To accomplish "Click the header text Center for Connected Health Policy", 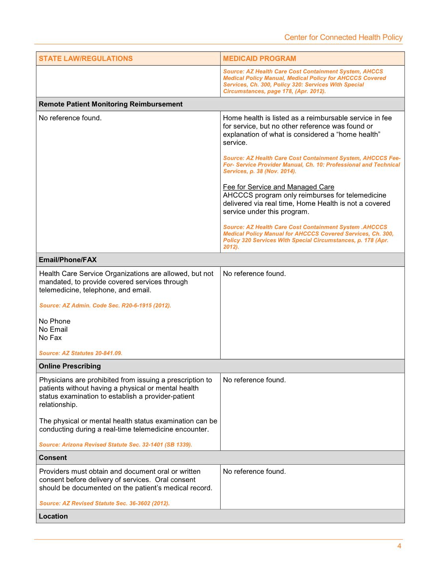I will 343,37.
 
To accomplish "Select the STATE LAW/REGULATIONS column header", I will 86,59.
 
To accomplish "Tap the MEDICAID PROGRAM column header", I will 259,59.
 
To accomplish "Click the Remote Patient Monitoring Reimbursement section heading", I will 111,104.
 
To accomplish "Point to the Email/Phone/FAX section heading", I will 68,260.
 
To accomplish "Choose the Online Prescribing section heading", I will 70,366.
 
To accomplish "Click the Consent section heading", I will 53,458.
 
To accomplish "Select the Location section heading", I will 53,516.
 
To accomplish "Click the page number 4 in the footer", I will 399,546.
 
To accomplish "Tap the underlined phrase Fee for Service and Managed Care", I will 278,187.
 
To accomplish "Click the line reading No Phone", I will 55,321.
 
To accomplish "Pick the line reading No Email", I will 53,329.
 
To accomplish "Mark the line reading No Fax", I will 50,338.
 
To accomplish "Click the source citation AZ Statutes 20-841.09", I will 81,353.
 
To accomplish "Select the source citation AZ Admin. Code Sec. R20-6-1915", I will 105,306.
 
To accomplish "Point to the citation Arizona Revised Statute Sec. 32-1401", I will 115,444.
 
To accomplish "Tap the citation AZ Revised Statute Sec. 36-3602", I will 104,503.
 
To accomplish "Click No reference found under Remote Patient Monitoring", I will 70,118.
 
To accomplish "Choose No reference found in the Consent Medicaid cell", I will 254,471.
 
